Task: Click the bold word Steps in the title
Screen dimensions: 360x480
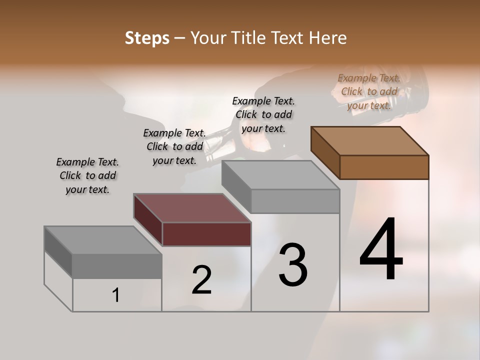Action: pyautogui.click(x=147, y=38)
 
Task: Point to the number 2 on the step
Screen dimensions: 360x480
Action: pyautogui.click(x=201, y=280)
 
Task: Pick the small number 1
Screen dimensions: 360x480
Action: pyautogui.click(x=115, y=295)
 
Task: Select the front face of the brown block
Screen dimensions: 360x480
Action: pyautogui.click(x=384, y=167)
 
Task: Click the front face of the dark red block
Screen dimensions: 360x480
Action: pyautogui.click(x=206, y=234)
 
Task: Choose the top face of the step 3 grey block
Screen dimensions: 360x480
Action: pyautogui.click(x=280, y=175)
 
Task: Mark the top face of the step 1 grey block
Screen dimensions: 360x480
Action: pyautogui.click(x=103, y=240)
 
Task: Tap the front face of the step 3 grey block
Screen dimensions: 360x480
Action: pyautogui.click(x=295, y=201)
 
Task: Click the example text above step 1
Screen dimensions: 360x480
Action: pyautogui.click(x=87, y=175)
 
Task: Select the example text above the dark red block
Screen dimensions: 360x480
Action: pyautogui.click(x=174, y=146)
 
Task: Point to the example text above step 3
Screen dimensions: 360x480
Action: pyautogui.click(x=263, y=114)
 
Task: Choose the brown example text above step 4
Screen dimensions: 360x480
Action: pyautogui.click(x=369, y=91)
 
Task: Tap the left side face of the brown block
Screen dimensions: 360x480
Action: pyautogui.click(x=325, y=152)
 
